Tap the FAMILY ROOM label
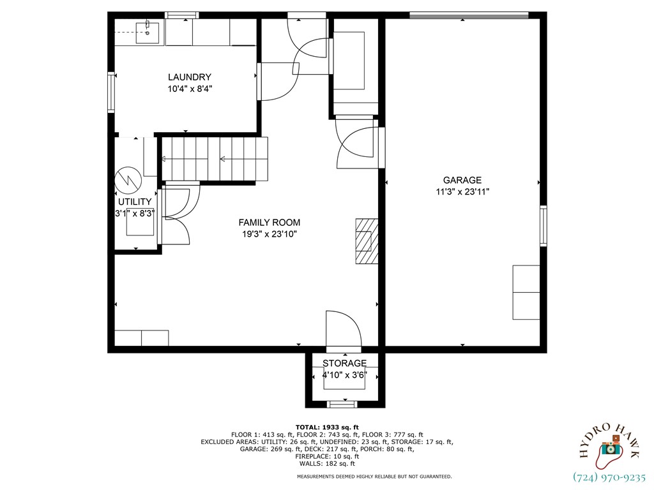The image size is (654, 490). coord(269,223)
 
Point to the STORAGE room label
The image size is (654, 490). coord(344,364)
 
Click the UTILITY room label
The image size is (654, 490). coord(135,202)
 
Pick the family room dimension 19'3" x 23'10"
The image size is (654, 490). coord(269,234)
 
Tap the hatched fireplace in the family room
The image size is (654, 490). coord(367,241)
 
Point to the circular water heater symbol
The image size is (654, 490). coord(127,181)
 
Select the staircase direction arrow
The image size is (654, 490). coord(224,159)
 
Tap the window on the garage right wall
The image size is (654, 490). coord(544,226)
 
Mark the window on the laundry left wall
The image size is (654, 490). coord(112,93)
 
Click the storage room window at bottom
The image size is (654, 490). coord(342,404)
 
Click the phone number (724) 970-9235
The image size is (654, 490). coord(609,477)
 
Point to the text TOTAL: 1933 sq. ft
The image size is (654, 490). coord(327,427)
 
